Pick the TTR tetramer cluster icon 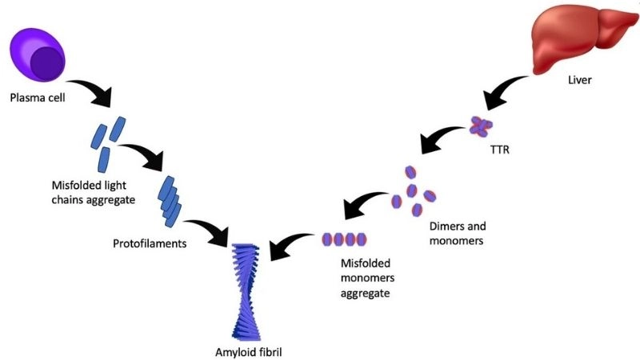pyautogui.click(x=481, y=125)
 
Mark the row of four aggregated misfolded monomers pyautogui.click(x=345, y=239)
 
